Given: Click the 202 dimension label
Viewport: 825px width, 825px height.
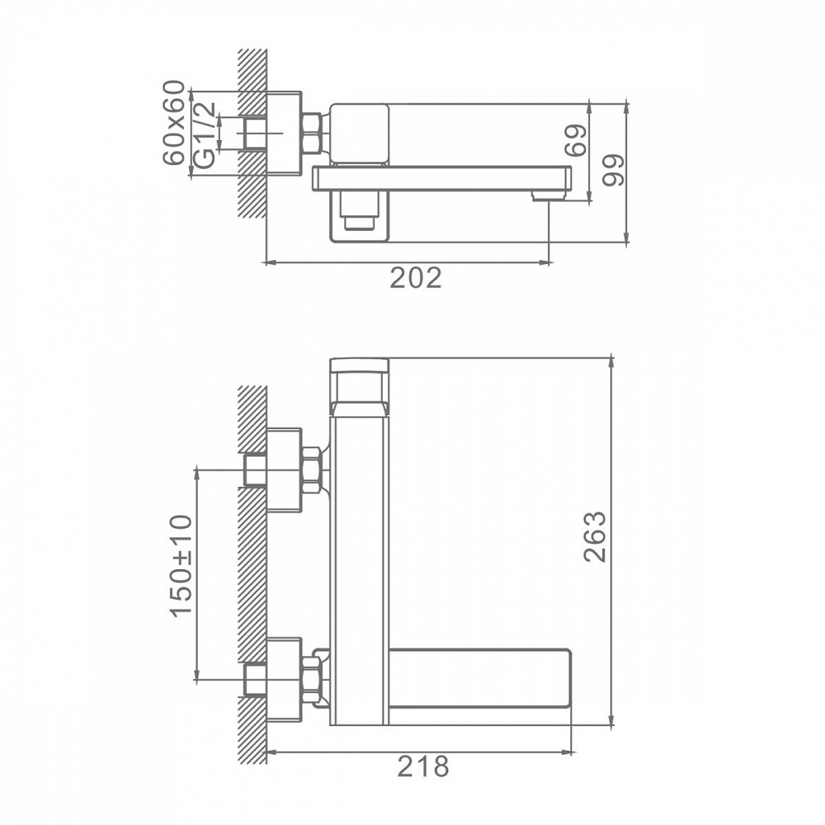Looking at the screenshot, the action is (x=415, y=278).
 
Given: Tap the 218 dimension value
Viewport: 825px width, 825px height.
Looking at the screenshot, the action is (x=423, y=766).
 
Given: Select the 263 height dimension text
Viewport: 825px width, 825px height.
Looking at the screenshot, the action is (x=596, y=537).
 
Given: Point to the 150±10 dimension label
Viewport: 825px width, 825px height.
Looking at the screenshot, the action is (x=181, y=566).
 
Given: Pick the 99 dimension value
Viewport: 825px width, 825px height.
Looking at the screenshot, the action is (x=614, y=170).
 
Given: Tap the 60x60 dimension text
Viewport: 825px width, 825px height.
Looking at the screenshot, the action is (x=174, y=123).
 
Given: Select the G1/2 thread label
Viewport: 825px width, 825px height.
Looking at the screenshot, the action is (x=205, y=134).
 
